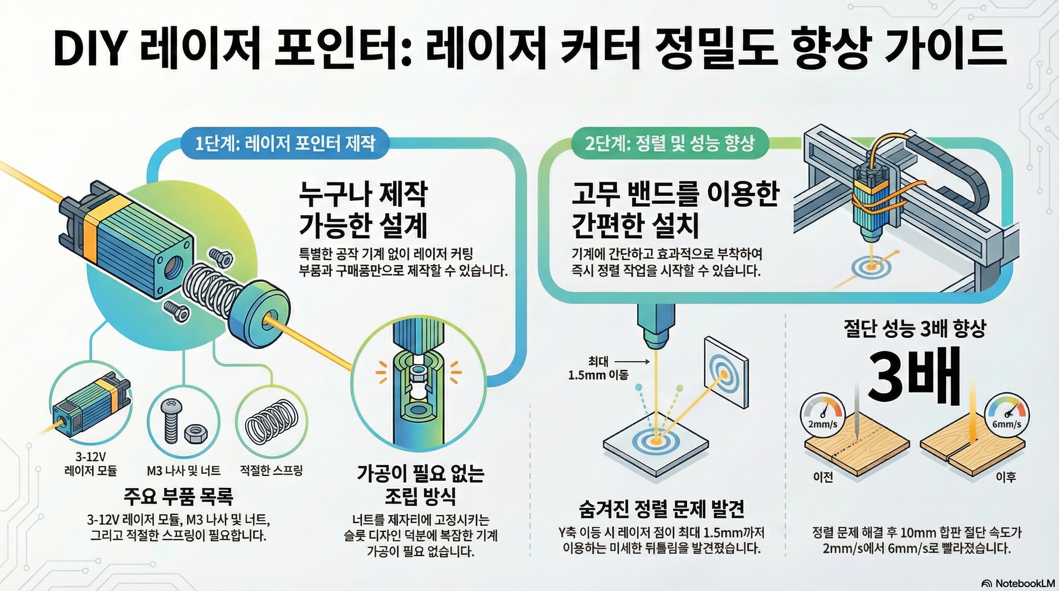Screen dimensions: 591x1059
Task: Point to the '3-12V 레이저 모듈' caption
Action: point(91,464)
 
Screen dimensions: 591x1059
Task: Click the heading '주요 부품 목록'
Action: point(179,496)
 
